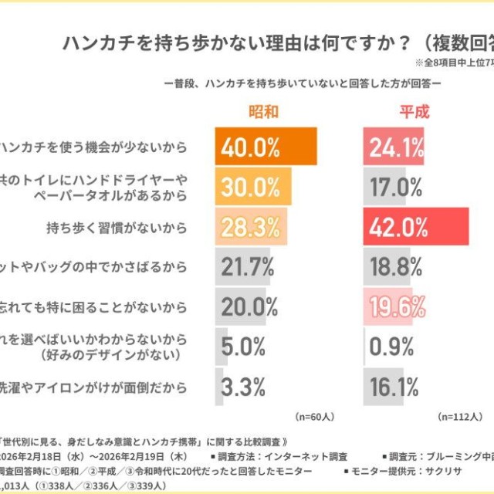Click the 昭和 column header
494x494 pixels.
click(x=262, y=111)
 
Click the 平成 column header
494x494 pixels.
click(x=413, y=111)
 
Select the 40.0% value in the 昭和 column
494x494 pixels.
click(x=251, y=147)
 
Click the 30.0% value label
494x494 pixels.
click(x=249, y=187)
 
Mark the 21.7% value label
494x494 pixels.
click(x=248, y=267)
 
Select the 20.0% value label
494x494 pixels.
click(x=249, y=306)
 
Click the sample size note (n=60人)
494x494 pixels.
click(x=314, y=416)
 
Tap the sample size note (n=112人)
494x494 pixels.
click(x=462, y=416)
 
